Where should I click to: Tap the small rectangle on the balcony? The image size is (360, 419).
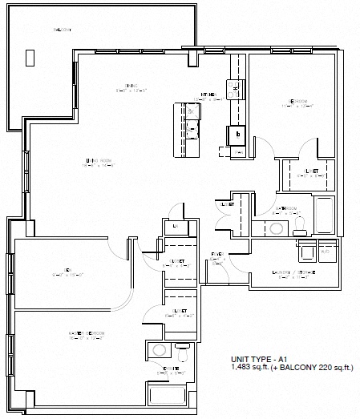tap(30, 58)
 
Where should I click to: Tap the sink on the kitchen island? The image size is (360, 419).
tap(192, 128)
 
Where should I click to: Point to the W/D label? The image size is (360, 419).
tap(326, 251)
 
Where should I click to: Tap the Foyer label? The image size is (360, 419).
tap(216, 256)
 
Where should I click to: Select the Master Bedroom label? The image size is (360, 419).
tap(84, 335)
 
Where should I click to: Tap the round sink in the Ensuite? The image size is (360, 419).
tap(160, 350)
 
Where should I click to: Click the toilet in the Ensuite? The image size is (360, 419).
tap(184, 350)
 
